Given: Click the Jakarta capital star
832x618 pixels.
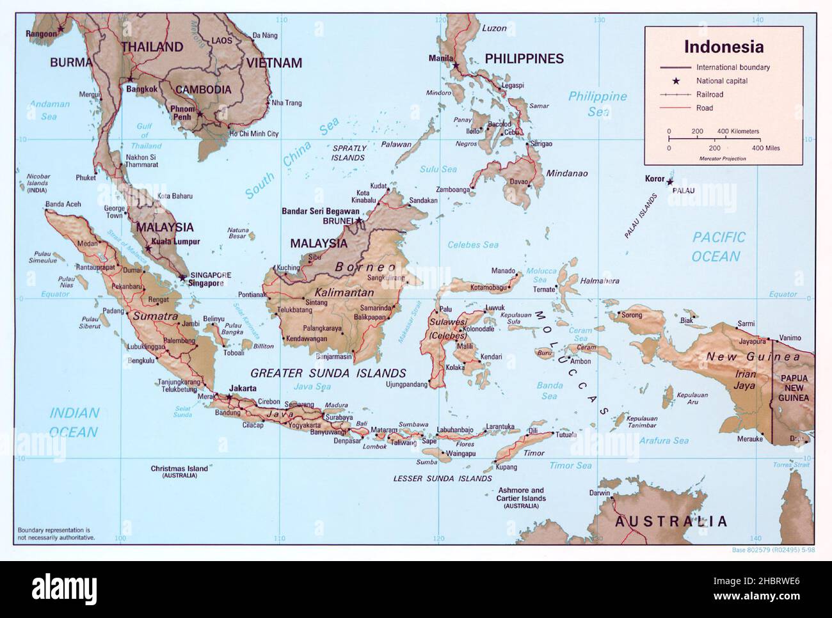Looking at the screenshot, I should click(229, 397).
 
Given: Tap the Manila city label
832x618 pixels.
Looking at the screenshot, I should click(440, 58).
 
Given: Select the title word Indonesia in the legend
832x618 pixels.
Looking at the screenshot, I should click(723, 47).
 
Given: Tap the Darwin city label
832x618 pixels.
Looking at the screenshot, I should click(599, 493).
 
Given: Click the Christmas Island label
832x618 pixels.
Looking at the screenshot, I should click(179, 469).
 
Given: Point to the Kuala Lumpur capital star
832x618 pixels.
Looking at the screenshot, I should click(148, 248).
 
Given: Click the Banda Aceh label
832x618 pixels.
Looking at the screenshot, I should click(63, 205).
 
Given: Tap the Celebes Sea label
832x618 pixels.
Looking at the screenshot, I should click(473, 244).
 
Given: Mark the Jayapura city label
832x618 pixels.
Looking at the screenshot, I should click(753, 341).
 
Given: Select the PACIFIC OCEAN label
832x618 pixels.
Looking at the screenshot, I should click(719, 247).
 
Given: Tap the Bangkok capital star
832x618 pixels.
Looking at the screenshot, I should click(130, 79).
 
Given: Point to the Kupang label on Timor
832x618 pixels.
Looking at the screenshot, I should click(506, 468).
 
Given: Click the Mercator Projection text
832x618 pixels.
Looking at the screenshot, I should click(723, 158).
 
